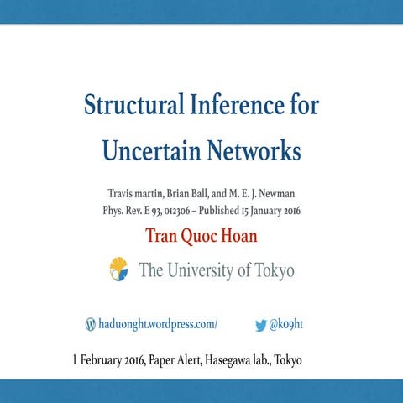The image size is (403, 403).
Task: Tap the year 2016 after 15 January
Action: pos(285,210)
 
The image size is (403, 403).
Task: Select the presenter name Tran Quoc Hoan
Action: pos(201,235)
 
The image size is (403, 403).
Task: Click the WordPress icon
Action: pos(91,323)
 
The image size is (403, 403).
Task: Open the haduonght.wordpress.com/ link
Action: pos(158,323)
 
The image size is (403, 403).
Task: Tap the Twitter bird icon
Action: pos(260,323)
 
